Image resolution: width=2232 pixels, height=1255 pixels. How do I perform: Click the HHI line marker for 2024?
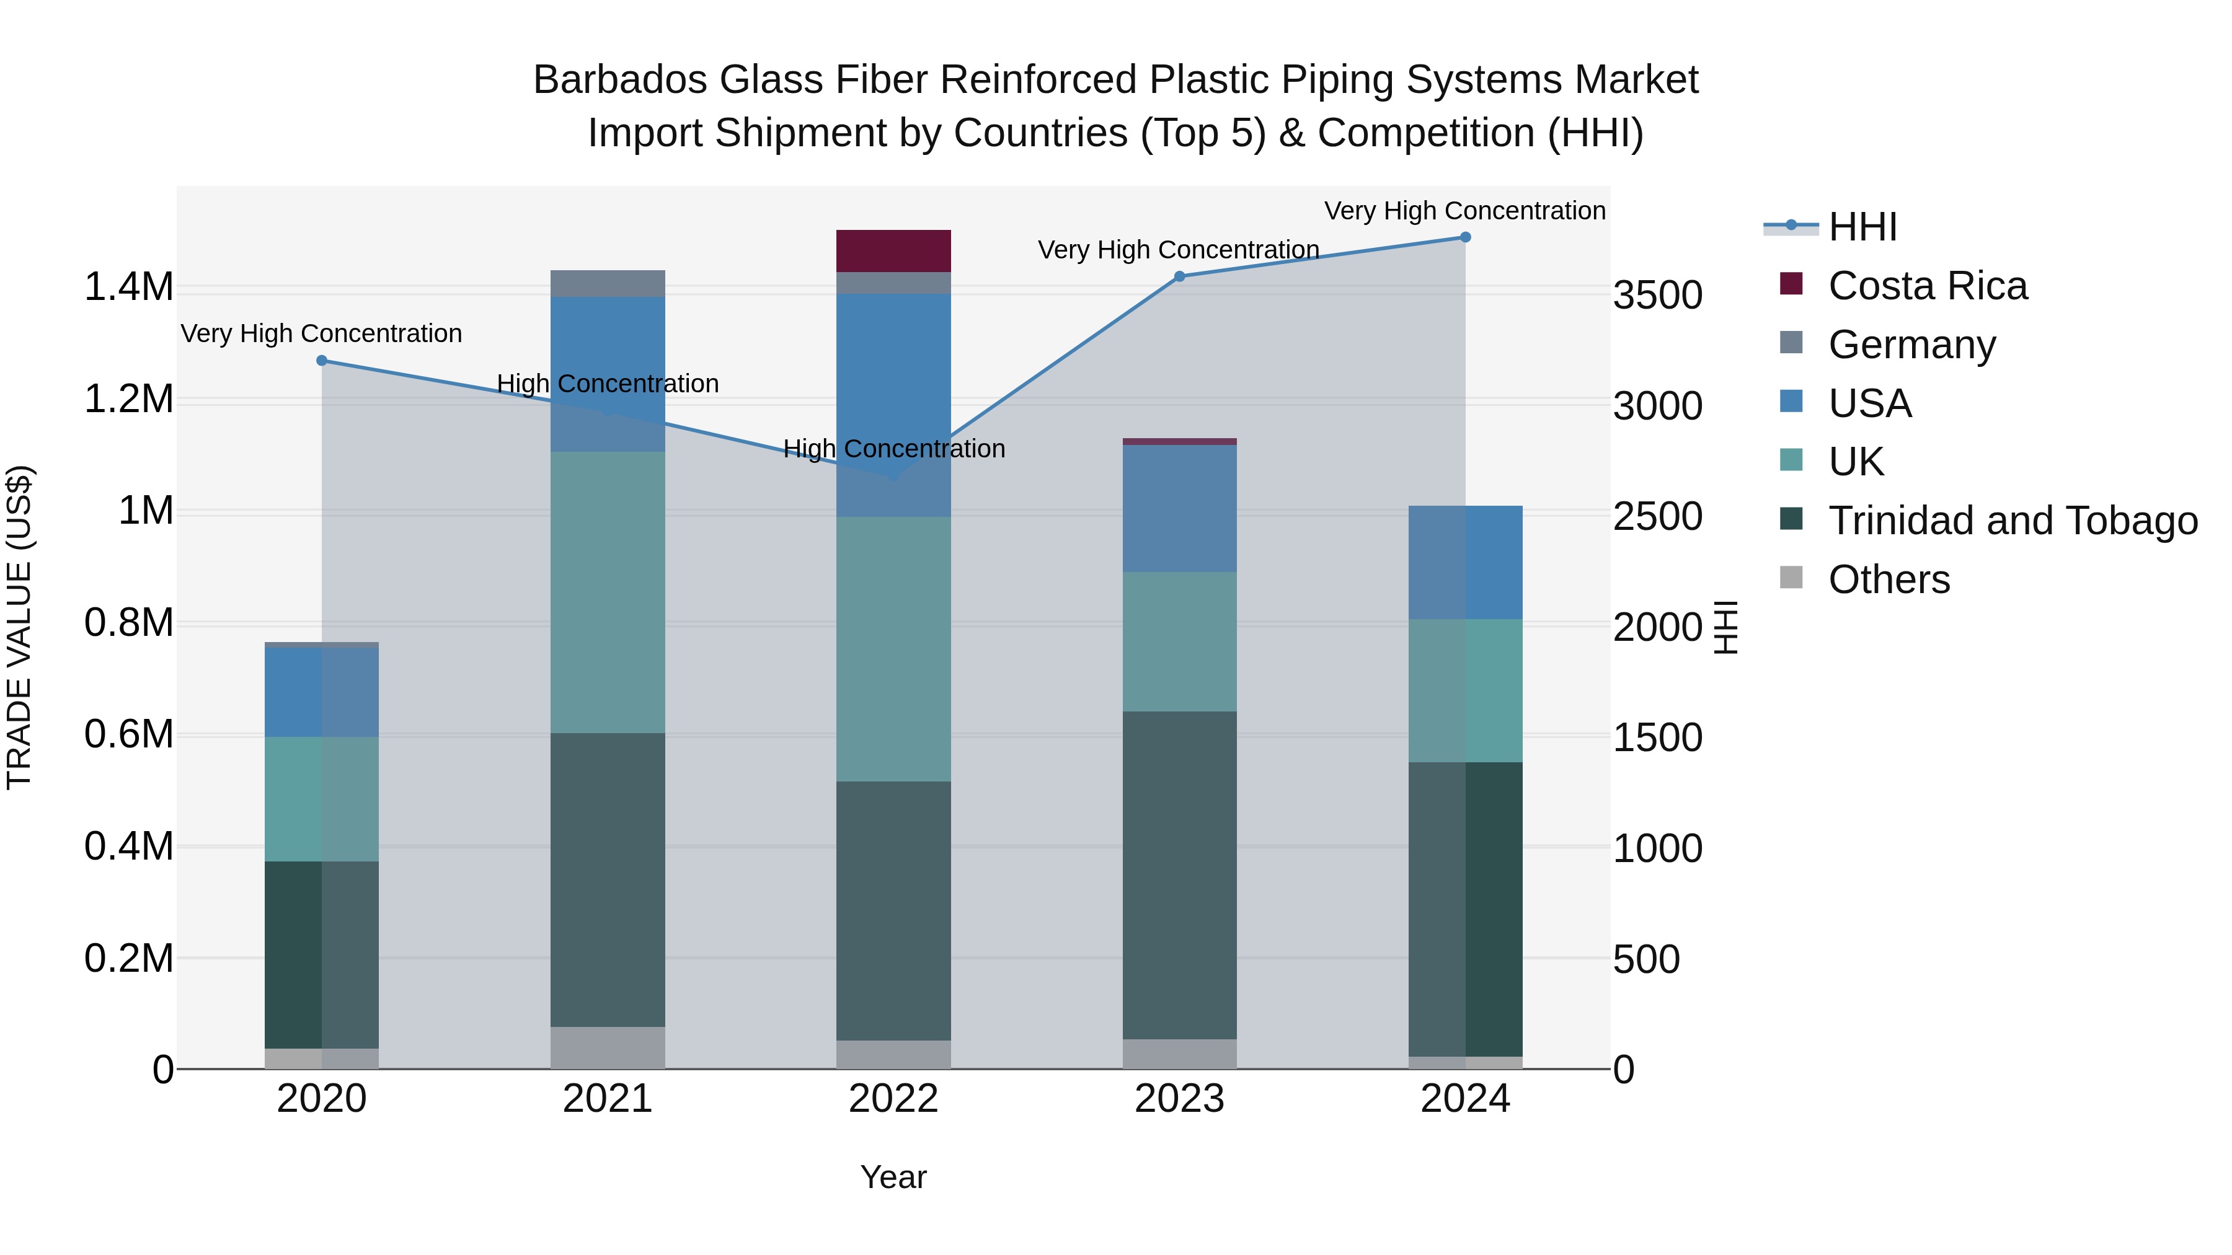1465,237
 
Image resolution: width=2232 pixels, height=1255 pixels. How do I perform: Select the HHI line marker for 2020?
321,360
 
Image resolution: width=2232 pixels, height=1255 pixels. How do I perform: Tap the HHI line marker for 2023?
1179,276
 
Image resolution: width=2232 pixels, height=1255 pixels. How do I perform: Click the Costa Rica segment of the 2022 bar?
893,251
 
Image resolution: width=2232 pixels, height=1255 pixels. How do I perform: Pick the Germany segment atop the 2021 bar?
608,283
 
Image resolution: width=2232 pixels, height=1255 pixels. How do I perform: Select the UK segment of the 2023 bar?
1179,642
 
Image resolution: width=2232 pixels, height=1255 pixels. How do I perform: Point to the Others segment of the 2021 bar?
608,1047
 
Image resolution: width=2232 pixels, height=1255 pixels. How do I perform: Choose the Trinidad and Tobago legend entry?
2012,521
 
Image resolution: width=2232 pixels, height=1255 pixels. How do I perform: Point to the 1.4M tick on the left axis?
128,287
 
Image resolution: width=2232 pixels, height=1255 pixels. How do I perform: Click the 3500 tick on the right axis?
1657,296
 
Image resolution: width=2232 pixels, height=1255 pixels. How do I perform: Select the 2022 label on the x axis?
893,1099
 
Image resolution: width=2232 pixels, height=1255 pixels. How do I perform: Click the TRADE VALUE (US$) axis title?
19,627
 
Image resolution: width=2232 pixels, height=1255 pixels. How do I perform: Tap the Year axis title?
893,1177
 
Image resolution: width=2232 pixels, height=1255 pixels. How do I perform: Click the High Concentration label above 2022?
893,449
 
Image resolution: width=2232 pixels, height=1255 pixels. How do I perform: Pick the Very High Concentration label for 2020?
321,333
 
